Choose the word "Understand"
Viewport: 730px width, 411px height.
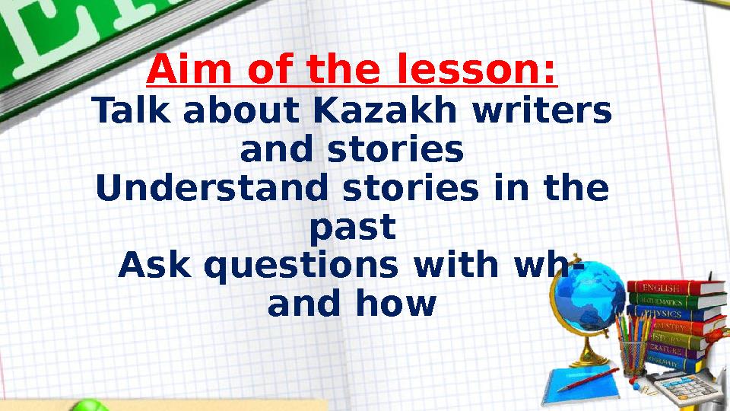click(x=214, y=188)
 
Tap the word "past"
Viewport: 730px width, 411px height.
click(x=353, y=227)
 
